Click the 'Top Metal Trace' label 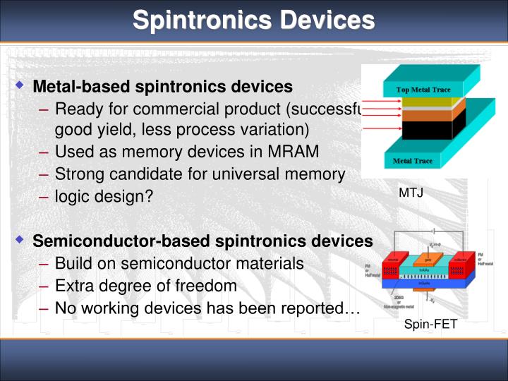tap(423, 90)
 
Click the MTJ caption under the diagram tap(411, 192)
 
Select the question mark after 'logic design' tap(149, 196)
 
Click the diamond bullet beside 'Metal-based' tap(20, 86)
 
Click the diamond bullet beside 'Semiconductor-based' tap(20, 241)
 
